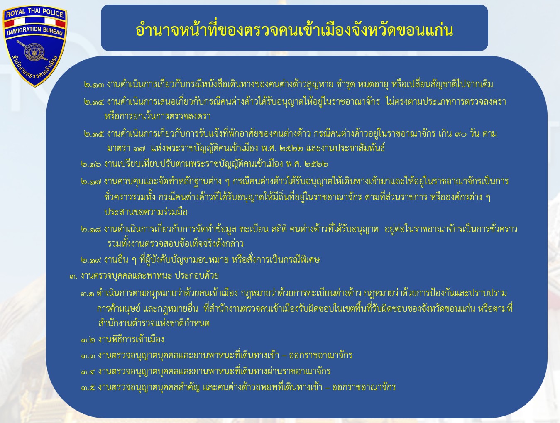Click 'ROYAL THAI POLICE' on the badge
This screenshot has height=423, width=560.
point(35,13)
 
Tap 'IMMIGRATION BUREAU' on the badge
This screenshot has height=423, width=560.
point(35,31)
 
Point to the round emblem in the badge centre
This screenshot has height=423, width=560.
point(34,52)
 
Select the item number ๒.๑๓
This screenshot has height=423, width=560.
point(94,85)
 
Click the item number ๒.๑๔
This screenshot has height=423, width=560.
point(94,102)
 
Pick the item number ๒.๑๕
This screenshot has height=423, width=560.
point(94,134)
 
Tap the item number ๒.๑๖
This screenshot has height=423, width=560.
point(91,164)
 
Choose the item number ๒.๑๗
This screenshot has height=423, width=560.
point(91,182)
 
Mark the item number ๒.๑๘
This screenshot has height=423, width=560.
point(91,230)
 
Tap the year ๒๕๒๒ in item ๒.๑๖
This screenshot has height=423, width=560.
point(316,164)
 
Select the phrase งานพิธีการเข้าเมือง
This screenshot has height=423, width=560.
point(131,340)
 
